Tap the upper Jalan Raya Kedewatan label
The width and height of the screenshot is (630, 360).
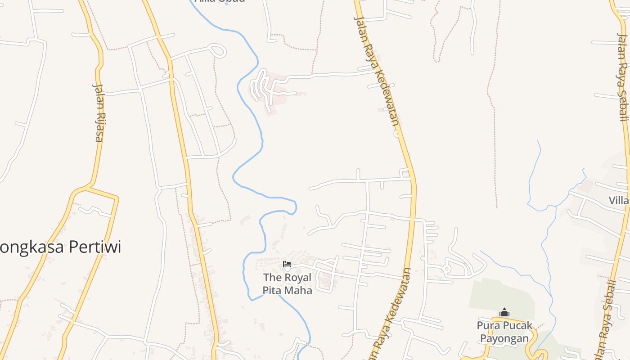pyautogui.click(x=377, y=71)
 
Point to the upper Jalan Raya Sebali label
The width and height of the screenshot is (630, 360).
pyautogui.click(x=622, y=76)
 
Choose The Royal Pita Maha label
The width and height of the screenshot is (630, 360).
pyautogui.click(x=287, y=284)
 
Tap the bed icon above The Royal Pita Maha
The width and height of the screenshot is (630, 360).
pyautogui.click(x=287, y=264)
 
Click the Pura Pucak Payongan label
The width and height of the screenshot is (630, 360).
pyautogui.click(x=504, y=332)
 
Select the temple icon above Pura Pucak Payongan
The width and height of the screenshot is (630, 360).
pyautogui.click(x=504, y=312)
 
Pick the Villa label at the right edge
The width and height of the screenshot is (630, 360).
pyautogui.click(x=619, y=200)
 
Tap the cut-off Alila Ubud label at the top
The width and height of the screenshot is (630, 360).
pyautogui.click(x=220, y=1)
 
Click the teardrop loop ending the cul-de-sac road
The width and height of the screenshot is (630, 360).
pyautogui.click(x=218, y=50)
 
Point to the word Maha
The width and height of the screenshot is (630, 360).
pyautogui.click(x=299, y=290)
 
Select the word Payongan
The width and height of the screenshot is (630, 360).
pyautogui.click(x=504, y=338)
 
